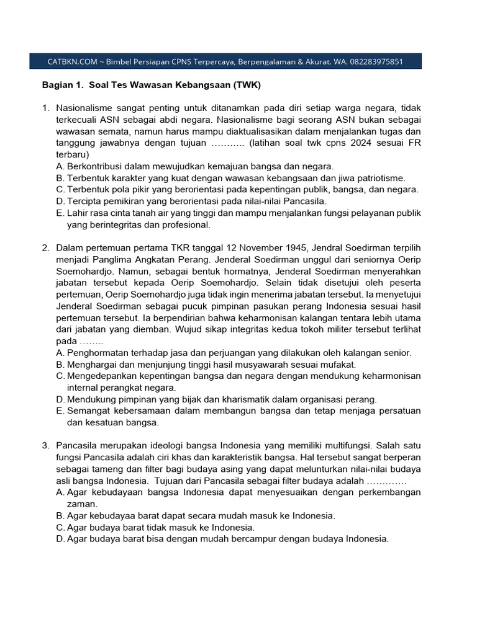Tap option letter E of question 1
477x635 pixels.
[60, 213]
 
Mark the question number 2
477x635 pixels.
[46, 248]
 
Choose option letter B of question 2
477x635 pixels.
[60, 365]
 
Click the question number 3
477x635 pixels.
[46, 445]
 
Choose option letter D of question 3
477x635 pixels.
[60, 539]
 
